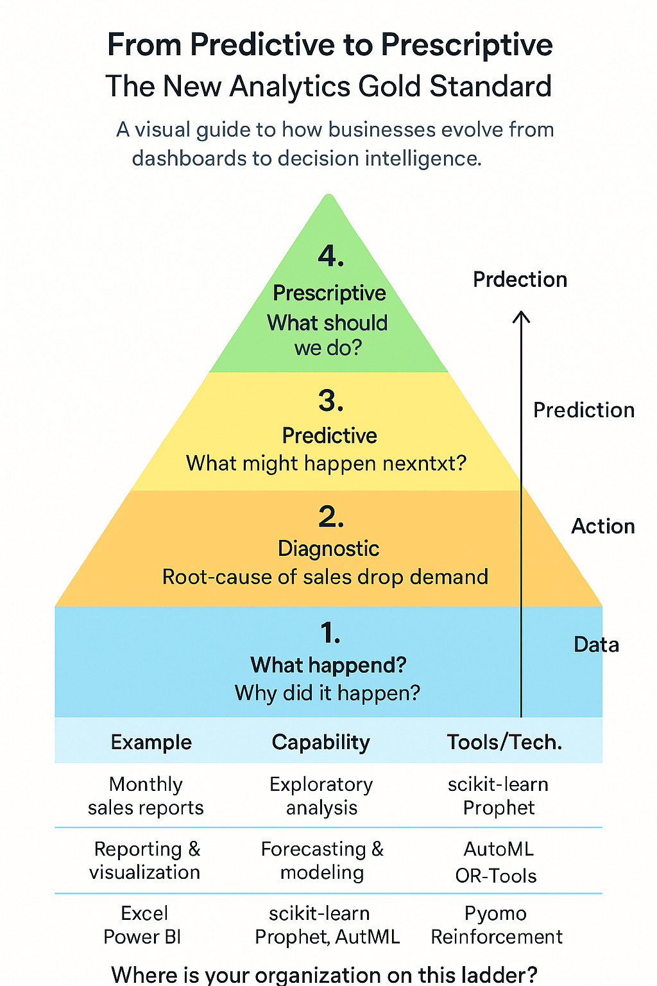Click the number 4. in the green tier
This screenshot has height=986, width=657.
[331, 256]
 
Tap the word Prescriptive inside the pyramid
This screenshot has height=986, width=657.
[329, 293]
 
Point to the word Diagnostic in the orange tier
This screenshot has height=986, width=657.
[328, 548]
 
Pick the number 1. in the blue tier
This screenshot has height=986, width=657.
[330, 634]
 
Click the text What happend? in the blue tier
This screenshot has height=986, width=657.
[328, 665]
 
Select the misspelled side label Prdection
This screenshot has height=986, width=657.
[520, 279]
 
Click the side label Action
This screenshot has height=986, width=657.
[602, 526]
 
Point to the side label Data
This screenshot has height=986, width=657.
[596, 644]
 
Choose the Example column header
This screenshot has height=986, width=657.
[151, 742]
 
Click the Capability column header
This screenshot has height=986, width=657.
[321, 742]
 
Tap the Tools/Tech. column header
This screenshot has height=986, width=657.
[504, 742]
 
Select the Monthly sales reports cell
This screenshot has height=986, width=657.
[146, 796]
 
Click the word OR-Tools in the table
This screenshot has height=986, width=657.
[496, 876]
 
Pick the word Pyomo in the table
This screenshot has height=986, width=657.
[495, 913]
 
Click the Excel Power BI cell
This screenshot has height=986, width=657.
[143, 925]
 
